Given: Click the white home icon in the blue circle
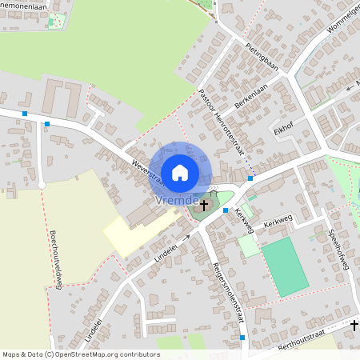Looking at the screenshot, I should tap(179, 172).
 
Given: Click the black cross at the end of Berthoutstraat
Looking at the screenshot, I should tap(354, 326).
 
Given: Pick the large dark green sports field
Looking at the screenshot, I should tap(285, 266).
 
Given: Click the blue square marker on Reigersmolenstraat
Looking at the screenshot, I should tap(242, 338).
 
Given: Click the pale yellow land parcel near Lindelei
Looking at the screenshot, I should tap(132, 236).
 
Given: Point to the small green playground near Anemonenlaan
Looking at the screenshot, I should tap(56, 20).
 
